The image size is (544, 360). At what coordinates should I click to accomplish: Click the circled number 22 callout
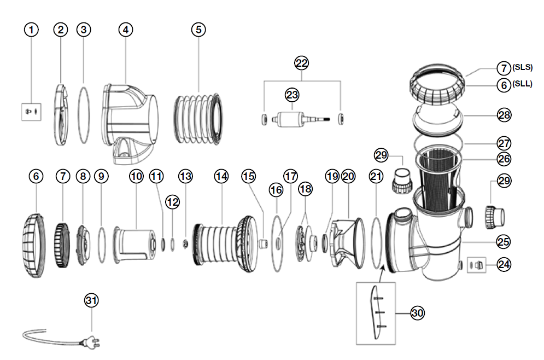point(302,63)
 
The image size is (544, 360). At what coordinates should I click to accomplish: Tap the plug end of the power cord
point(90,344)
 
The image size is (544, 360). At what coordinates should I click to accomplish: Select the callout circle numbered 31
point(92,300)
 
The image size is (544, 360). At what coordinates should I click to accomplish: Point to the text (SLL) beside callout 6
point(522,84)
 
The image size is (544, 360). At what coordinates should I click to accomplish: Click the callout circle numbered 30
point(417,312)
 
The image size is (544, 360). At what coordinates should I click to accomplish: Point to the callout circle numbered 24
point(504,265)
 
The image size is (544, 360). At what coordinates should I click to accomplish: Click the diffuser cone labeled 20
point(348,241)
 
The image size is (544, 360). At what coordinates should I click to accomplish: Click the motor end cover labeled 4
point(128,112)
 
